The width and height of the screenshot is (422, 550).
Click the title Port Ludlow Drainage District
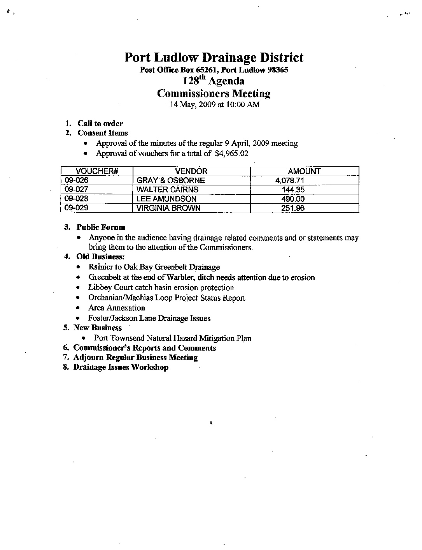pyautogui.click(x=214, y=58)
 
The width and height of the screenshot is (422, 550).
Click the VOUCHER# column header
pyautogui.click(x=97, y=171)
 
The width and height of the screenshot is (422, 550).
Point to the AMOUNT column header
pyautogui.click(x=304, y=171)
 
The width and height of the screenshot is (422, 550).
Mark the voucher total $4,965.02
pyautogui.click(x=231, y=153)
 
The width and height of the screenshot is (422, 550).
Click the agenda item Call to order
pyautogui.click(x=100, y=124)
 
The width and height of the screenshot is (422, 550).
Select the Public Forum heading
pyautogui.click(x=101, y=227)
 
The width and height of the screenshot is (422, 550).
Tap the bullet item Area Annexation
pyautogui.click(x=117, y=308)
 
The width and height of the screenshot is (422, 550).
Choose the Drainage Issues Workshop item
pyautogui.click(x=121, y=367)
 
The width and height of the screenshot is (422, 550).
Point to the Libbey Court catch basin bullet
pyautogui.click(x=161, y=287)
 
